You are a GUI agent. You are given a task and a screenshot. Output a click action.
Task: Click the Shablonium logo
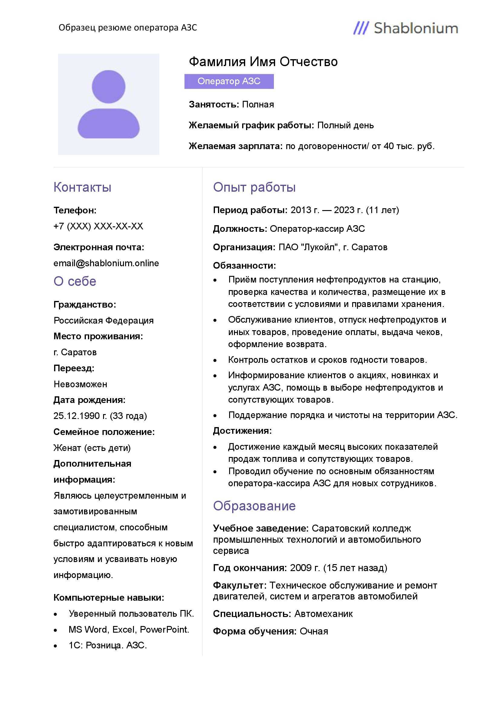[x=405, y=28]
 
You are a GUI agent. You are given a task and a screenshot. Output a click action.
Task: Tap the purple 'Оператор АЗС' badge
[x=229, y=81]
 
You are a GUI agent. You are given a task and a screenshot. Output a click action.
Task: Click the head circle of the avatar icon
[x=109, y=86]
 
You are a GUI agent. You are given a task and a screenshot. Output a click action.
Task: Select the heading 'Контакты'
[x=82, y=187]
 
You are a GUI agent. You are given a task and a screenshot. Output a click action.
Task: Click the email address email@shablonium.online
[x=106, y=263]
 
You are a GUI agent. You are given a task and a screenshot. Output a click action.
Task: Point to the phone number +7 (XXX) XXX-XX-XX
[x=98, y=226]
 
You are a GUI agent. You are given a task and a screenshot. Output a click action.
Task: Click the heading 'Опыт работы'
[x=254, y=187]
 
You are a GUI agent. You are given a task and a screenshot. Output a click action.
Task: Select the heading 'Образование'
[x=254, y=506]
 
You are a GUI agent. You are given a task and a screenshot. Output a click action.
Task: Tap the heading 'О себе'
[x=75, y=281]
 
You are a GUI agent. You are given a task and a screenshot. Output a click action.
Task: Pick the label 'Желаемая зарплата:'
[x=235, y=146]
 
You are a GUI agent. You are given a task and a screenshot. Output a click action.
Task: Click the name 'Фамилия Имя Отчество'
[x=263, y=62]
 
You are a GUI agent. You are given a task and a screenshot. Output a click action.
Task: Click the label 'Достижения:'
[x=242, y=431]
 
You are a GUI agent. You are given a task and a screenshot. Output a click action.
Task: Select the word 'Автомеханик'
[x=323, y=614]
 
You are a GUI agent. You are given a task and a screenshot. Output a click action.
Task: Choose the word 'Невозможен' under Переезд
[x=80, y=384]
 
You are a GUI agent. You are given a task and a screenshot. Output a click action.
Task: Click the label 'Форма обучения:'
[x=255, y=631]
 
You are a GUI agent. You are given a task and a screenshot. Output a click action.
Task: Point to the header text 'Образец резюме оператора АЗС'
[x=128, y=28]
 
